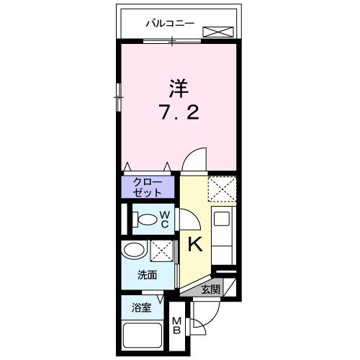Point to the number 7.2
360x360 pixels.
(x=177, y=112)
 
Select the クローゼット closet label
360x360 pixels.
(x=147, y=188)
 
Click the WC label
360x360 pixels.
(x=165, y=219)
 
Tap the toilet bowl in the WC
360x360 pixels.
(x=147, y=220)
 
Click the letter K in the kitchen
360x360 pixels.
(x=194, y=245)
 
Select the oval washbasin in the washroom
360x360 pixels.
(x=134, y=251)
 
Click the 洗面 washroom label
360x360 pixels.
(x=147, y=274)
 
